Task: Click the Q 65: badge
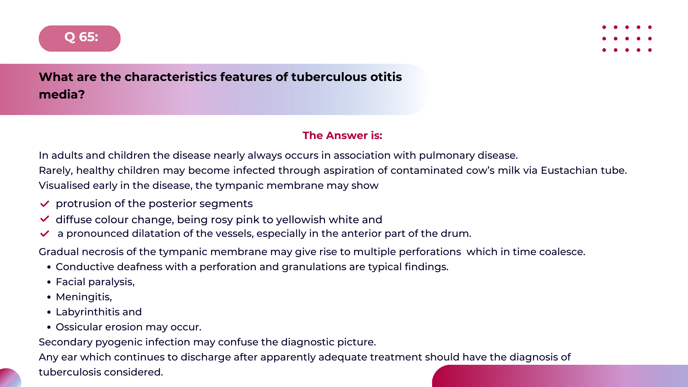[80, 38]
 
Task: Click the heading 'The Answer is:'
[342, 135]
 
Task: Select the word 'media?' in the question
[62, 95]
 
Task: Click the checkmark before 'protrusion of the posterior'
[45, 204]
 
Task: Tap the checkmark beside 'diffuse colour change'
[45, 219]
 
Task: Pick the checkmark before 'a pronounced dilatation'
[45, 234]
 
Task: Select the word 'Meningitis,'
[84, 297]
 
